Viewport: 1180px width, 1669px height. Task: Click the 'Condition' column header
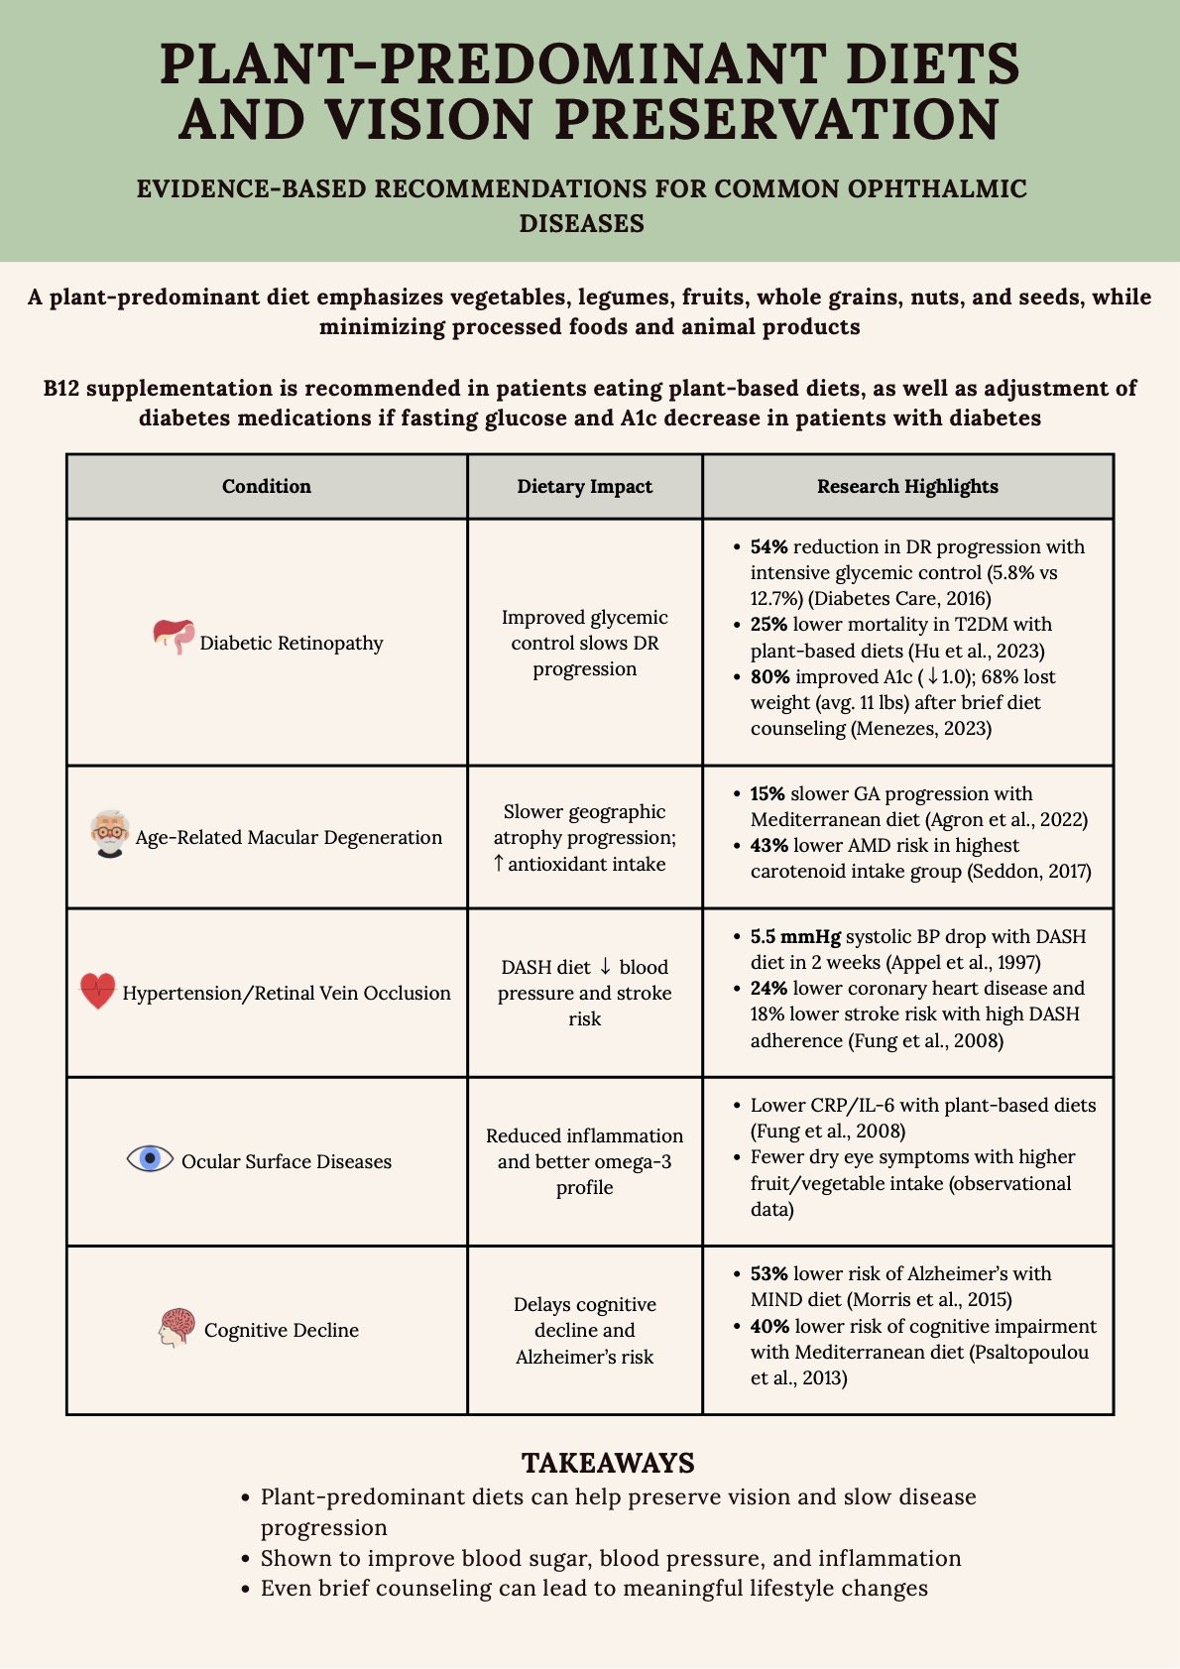[x=266, y=486]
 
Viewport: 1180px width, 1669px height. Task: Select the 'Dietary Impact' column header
[x=584, y=486]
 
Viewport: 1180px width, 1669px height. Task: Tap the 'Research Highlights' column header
[x=907, y=486]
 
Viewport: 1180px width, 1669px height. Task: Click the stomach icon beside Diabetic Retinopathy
[x=174, y=637]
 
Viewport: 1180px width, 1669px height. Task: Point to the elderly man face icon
[x=109, y=833]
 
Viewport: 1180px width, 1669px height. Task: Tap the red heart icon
[x=97, y=990]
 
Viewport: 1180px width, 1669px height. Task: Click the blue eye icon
[x=150, y=1157]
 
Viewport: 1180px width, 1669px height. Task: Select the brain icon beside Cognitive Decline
[x=177, y=1327]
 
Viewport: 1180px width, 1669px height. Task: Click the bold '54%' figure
[x=768, y=546]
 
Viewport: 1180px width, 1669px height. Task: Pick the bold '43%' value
[x=768, y=845]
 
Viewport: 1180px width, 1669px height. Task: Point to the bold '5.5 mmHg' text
[x=795, y=936]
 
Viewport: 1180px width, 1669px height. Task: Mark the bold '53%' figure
[x=768, y=1273]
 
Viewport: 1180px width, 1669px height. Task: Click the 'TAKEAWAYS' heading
[x=608, y=1463]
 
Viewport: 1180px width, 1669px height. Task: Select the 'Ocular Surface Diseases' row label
[x=287, y=1161]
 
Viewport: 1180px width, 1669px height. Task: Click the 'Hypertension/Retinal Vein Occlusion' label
[x=287, y=993]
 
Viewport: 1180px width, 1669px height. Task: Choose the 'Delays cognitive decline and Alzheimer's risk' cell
[x=584, y=1330]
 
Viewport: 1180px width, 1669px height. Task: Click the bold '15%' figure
[x=767, y=793]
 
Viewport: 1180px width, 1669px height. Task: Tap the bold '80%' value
[x=769, y=676]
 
